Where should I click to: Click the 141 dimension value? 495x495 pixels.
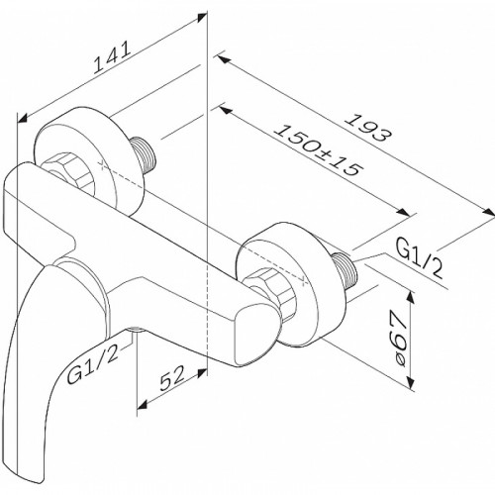(113, 57)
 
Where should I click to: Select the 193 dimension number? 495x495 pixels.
(369, 128)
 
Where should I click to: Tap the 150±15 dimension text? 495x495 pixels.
(319, 150)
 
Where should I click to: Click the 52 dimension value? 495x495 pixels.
(171, 378)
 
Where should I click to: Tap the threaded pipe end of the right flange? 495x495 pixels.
(346, 268)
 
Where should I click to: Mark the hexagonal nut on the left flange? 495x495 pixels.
(69, 172)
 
